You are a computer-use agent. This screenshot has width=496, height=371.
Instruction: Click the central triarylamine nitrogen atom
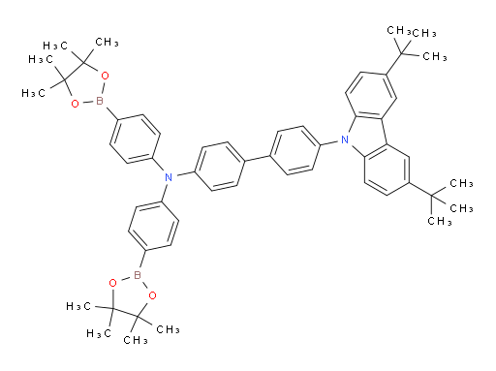(168, 176)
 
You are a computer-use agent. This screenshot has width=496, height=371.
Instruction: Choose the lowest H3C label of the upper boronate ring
(38, 93)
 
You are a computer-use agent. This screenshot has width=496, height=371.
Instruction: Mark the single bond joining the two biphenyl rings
(257, 158)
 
